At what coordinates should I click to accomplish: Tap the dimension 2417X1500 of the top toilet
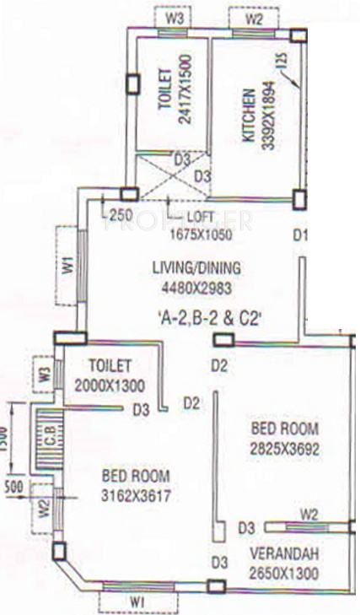coord(186,98)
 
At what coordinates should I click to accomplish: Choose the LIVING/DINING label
coord(196,268)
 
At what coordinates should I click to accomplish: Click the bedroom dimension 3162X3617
coord(136,496)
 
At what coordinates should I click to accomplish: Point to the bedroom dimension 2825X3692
coord(285,449)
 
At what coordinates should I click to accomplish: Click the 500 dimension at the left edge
coord(13,487)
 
